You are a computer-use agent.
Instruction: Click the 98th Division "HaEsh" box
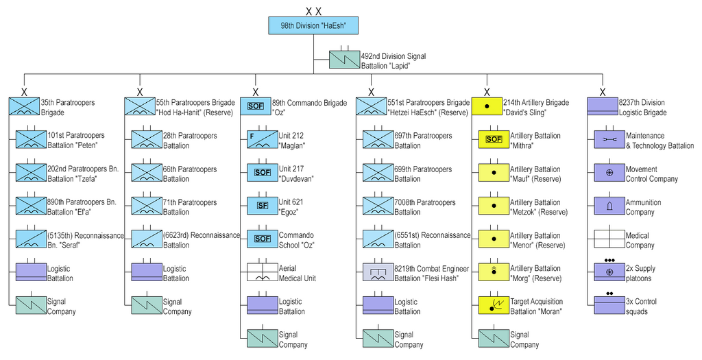(x=313, y=26)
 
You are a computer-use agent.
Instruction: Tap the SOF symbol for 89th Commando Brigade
(x=255, y=106)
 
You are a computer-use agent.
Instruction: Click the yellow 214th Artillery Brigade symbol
(x=487, y=106)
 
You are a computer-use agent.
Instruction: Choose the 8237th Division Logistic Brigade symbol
(x=602, y=106)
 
